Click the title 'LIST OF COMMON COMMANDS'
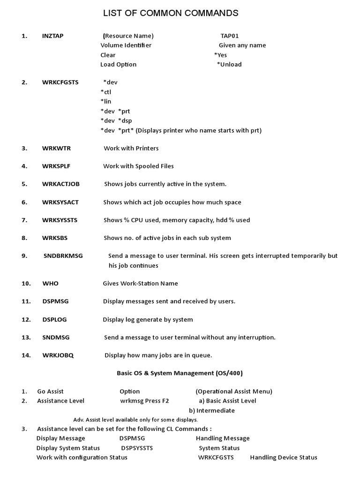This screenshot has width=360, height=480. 171,13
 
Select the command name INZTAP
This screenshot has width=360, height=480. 52,36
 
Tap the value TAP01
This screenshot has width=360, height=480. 230,36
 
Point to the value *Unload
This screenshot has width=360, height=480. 229,64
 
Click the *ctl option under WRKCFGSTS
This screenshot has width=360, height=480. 106,92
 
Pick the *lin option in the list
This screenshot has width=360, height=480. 106,101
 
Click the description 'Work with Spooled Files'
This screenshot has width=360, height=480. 138,166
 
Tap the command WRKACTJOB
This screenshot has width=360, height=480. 61,184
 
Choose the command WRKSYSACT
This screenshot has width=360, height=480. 60,202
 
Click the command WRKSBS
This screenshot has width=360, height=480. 55,238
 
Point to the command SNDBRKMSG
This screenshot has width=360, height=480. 63,256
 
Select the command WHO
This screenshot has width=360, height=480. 51,283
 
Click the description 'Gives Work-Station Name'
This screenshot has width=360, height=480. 140,283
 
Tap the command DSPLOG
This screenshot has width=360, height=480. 54,319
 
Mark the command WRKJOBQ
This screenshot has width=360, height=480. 58,355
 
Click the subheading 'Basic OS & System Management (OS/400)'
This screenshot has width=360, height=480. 180,373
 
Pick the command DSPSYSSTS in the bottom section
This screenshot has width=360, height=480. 137,448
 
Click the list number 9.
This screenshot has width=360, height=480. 24,256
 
